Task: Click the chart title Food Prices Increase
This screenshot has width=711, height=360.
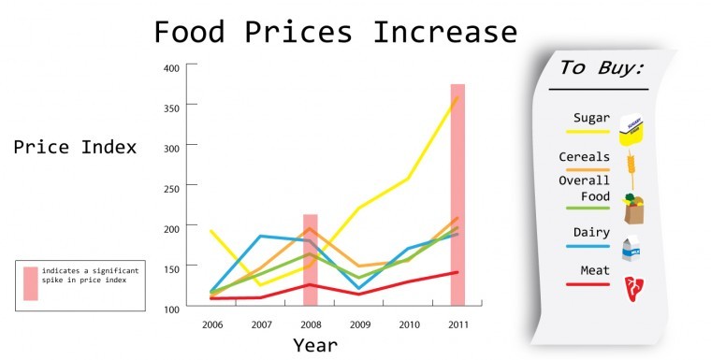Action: click(335, 33)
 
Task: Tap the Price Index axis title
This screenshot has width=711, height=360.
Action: click(75, 148)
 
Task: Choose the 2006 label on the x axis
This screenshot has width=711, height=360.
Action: click(211, 324)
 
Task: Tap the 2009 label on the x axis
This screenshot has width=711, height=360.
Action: click(359, 324)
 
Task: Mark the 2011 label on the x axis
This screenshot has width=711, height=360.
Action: click(457, 324)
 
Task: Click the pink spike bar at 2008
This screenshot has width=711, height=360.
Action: click(311, 260)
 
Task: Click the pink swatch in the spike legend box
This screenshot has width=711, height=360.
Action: click(31, 283)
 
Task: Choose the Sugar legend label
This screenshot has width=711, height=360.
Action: click(592, 119)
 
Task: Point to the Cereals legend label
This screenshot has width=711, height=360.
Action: click(584, 157)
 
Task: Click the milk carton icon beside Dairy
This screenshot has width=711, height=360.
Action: click(631, 248)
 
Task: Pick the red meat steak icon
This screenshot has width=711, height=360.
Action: click(633, 285)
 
